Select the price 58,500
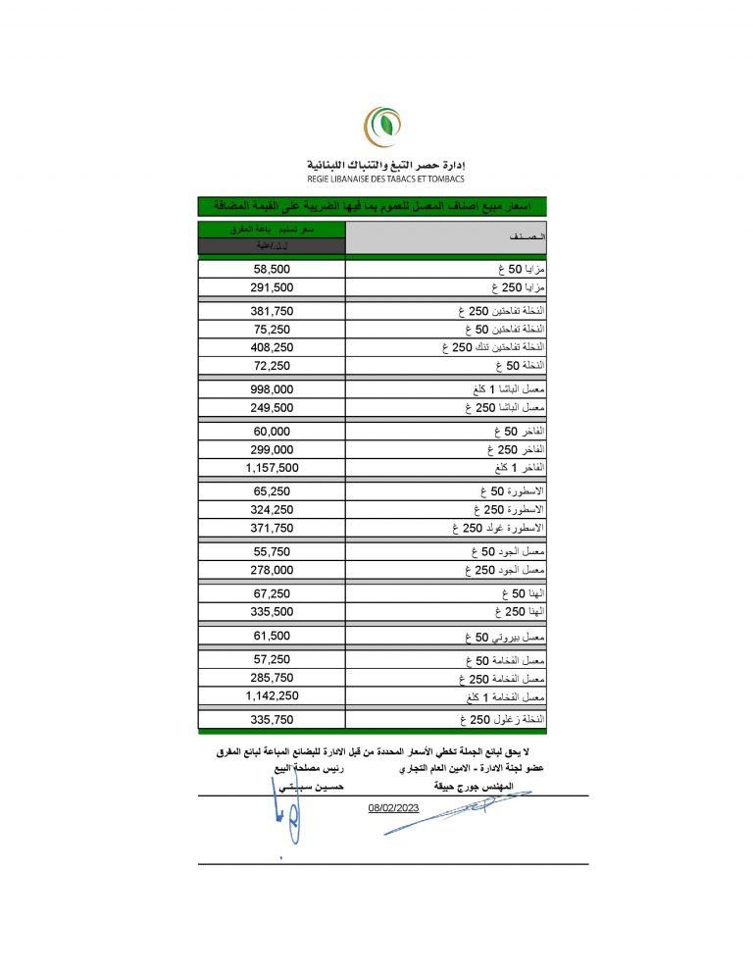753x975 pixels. [x=273, y=268]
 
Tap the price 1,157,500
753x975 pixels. [x=273, y=468]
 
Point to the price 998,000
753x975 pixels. [x=273, y=388]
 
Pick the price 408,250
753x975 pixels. [x=273, y=347]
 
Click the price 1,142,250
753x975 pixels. [x=273, y=695]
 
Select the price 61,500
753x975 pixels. [x=273, y=636]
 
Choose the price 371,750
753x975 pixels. [x=273, y=528]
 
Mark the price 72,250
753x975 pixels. [x=273, y=365]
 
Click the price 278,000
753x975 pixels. [x=273, y=570]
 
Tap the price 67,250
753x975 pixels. [x=273, y=593]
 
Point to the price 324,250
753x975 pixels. [x=273, y=510]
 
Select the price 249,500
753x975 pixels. [x=273, y=407]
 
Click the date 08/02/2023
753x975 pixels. [x=393, y=807]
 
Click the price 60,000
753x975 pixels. [x=273, y=432]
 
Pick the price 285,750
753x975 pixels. [x=273, y=678]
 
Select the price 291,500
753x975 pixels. [x=273, y=287]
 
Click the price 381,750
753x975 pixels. [x=273, y=311]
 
